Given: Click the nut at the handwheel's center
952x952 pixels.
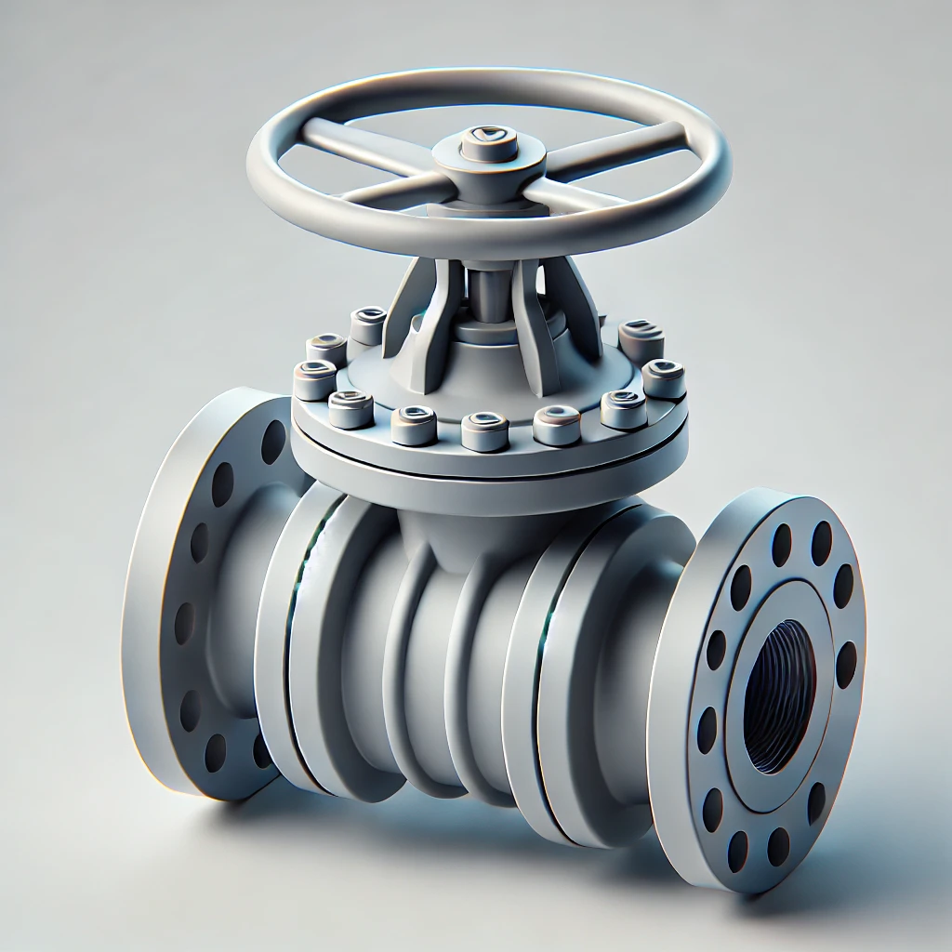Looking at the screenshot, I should (x=488, y=142).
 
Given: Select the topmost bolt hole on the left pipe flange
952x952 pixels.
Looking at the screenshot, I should (x=273, y=442).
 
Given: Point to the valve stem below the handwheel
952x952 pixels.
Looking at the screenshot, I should (x=484, y=288).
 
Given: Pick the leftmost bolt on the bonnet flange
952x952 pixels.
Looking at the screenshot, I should (x=314, y=379).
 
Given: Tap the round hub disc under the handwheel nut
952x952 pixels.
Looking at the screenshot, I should (x=488, y=158).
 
